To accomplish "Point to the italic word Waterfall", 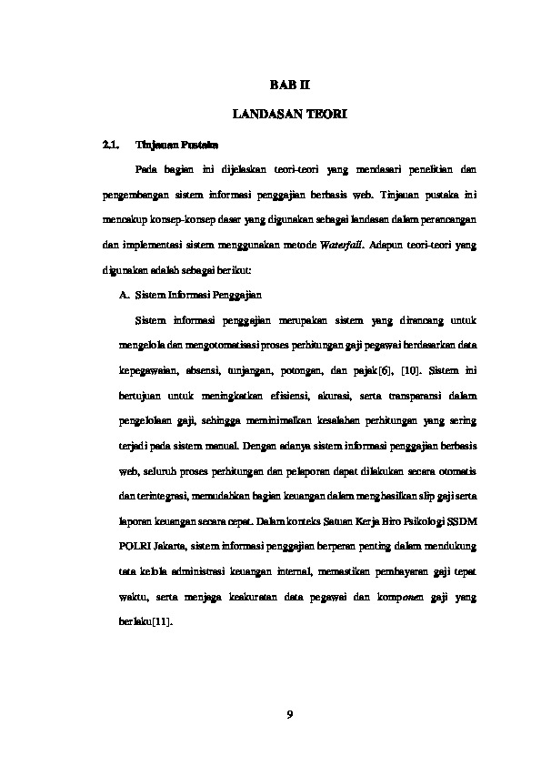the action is tap(341, 246).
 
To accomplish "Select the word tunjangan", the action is tap(252, 371).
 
